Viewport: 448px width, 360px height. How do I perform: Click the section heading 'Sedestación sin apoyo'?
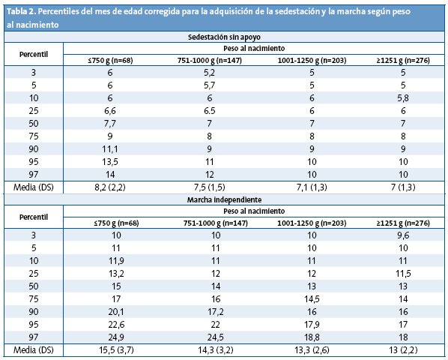(x=224, y=36)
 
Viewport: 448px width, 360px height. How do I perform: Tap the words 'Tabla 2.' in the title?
(x=23, y=9)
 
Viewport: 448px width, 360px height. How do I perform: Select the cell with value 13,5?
(x=111, y=161)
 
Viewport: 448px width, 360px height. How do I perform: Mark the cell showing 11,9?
(x=111, y=260)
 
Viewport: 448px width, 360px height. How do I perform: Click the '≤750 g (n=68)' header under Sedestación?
(x=111, y=59)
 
